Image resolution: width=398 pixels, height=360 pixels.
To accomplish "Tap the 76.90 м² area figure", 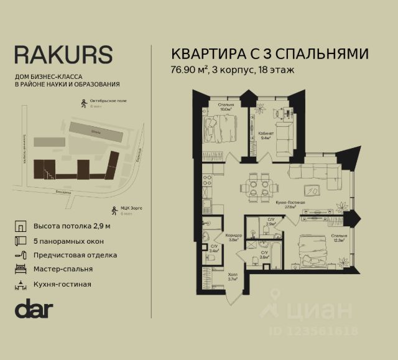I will point(190,70).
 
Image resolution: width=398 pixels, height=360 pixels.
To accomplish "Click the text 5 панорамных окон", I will point(68,241).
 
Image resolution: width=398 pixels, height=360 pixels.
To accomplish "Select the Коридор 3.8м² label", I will point(233,238).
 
